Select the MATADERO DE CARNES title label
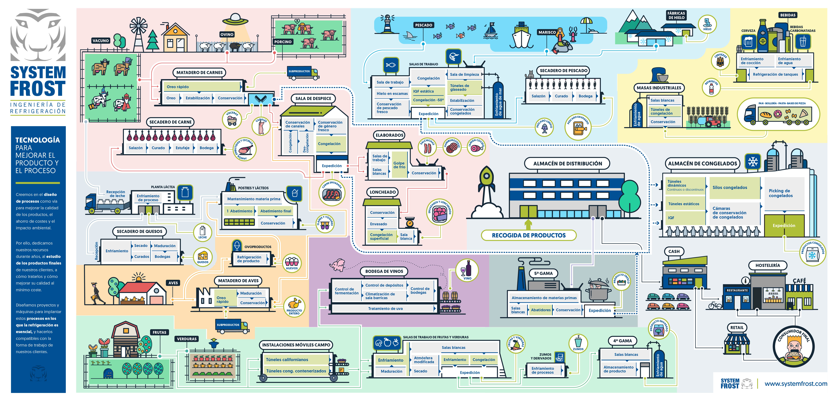[199, 72]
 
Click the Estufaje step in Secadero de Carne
[182, 148]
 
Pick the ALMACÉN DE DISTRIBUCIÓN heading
[567, 163]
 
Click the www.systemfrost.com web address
[796, 384]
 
